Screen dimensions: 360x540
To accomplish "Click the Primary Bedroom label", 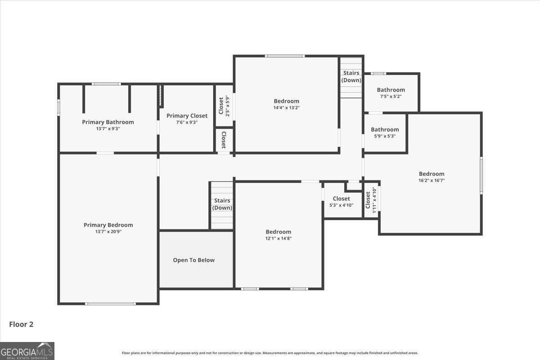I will click(x=108, y=225).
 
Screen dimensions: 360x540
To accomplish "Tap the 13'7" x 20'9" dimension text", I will click(x=108, y=232).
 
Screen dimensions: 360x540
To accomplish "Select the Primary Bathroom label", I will click(x=108, y=122).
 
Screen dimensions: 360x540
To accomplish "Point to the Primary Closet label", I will click(x=187, y=116).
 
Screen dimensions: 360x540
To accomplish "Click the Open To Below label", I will click(x=193, y=260).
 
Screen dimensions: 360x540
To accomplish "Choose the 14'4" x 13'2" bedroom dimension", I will click(x=286, y=108).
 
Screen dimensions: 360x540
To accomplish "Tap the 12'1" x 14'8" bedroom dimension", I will click(x=278, y=238).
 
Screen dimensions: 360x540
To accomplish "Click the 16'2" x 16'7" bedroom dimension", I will click(x=432, y=180).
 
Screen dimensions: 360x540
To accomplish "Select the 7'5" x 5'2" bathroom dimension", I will click(x=391, y=96).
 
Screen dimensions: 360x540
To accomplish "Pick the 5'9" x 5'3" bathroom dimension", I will click(x=385, y=136).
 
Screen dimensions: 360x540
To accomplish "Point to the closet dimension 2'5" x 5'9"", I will click(x=227, y=106).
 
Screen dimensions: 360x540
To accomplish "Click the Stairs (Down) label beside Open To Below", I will click(x=222, y=204).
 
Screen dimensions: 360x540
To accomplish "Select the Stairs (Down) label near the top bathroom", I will click(x=351, y=76).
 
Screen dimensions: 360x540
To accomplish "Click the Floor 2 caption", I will click(x=21, y=324).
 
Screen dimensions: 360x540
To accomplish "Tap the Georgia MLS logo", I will click(x=27, y=351).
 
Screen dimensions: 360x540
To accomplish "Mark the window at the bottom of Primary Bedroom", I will click(x=110, y=304).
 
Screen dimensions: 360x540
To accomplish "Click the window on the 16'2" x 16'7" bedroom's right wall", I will click(x=481, y=175).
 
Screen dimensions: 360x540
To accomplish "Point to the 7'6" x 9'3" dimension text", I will click(x=187, y=122).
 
